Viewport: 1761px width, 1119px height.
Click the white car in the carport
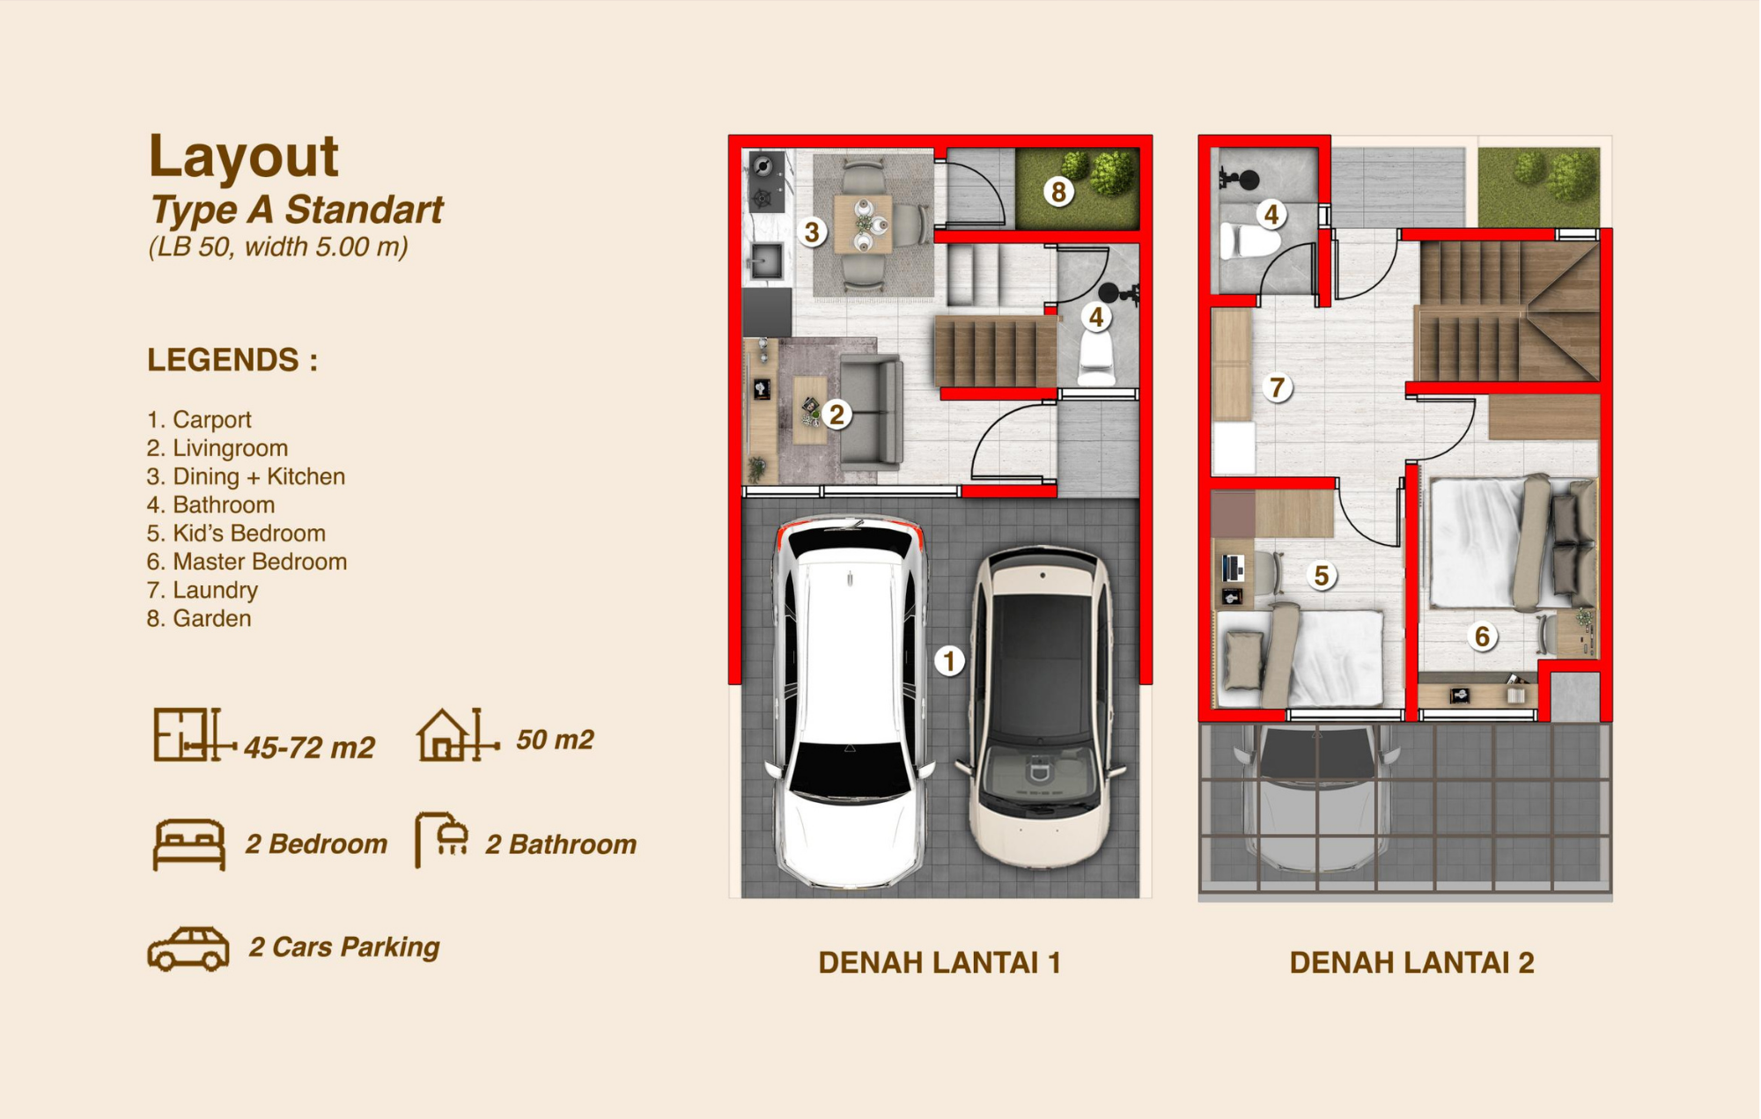[850, 702]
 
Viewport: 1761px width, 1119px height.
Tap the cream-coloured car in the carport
[1042, 707]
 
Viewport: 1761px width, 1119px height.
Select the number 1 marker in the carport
[949, 660]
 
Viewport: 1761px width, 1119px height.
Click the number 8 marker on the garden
[1058, 191]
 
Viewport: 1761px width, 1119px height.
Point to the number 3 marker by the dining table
[812, 232]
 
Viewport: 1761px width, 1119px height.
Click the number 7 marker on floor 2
[1277, 386]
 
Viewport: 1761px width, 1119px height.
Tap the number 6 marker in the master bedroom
[1482, 636]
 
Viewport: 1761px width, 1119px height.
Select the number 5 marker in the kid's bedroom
[1321, 575]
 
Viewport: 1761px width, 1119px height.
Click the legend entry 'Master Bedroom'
[247, 562]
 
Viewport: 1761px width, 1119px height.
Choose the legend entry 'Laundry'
[203, 590]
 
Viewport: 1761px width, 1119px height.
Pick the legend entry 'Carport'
[199, 420]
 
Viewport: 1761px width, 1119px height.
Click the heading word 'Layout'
[243, 156]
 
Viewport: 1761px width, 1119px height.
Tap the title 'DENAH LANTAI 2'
[1411, 962]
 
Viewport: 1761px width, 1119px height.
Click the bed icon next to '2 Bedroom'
[188, 844]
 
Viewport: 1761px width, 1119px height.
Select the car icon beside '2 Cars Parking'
[188, 949]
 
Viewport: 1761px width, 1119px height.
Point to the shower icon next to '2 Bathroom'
[441, 839]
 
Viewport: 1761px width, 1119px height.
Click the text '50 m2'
[555, 740]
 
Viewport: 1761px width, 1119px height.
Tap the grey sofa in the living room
[871, 410]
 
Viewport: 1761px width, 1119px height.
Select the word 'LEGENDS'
[223, 360]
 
